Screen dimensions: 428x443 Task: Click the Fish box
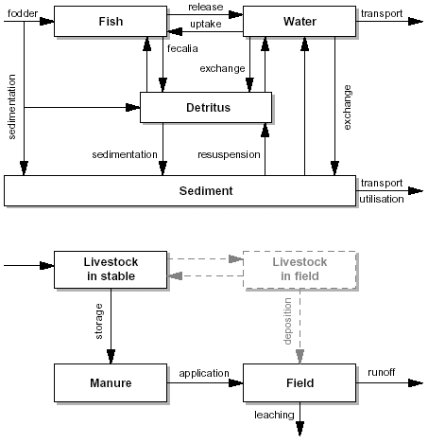coord(111,21)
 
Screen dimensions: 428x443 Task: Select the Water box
coord(300,21)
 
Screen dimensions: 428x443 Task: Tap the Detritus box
coord(206,107)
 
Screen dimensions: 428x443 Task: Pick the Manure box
coord(111,382)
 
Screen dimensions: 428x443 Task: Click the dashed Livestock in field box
coord(300,270)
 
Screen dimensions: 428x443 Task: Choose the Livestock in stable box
coord(111,270)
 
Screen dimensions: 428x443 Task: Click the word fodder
coord(23,13)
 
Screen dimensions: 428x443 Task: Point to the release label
coord(206,7)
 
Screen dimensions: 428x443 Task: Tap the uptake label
coord(206,24)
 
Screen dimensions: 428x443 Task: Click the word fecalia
coord(182,48)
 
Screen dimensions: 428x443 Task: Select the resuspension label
coord(229,154)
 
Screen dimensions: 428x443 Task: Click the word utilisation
coord(382,199)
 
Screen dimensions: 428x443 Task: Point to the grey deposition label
coord(287,321)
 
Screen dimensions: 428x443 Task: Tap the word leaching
coord(274,415)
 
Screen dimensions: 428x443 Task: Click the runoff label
coord(382,372)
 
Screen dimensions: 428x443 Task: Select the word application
coord(204,373)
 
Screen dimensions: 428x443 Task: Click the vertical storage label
coord(99,321)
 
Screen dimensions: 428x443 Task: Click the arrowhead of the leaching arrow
coord(300,429)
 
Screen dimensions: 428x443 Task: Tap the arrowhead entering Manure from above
coord(111,357)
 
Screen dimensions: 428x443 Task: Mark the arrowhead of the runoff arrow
coord(416,383)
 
